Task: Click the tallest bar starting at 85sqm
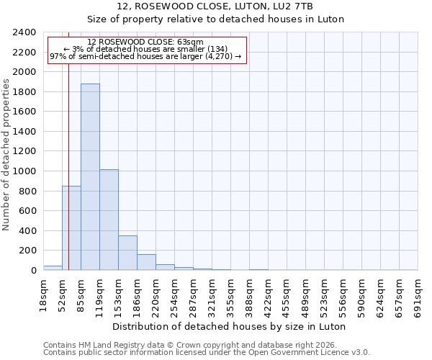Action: click(x=90, y=176)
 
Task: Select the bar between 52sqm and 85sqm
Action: click(x=71, y=228)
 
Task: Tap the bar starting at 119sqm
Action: click(x=109, y=220)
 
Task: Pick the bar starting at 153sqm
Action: click(x=127, y=253)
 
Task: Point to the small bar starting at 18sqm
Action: click(x=53, y=268)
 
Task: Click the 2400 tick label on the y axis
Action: click(x=24, y=32)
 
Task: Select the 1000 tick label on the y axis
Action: click(x=24, y=171)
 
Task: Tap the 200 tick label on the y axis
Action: click(x=27, y=251)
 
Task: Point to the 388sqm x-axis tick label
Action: click(x=250, y=295)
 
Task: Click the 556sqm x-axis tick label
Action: click(x=343, y=295)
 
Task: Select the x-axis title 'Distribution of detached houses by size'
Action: click(x=230, y=326)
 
